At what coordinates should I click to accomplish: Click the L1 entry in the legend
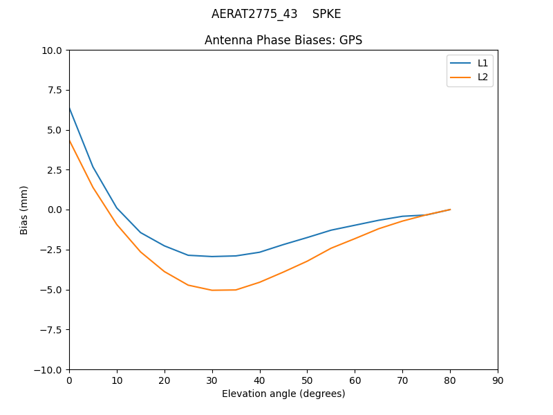tap(482, 63)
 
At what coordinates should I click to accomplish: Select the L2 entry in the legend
tap(482, 77)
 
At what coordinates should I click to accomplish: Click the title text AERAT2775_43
tap(254, 14)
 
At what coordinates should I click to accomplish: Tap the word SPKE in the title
tap(326, 14)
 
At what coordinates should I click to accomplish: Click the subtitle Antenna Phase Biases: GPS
tap(283, 40)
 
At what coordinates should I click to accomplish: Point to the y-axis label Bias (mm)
tap(24, 210)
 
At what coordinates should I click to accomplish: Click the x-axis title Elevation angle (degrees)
tap(283, 394)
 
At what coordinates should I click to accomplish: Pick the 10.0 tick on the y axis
tap(53, 50)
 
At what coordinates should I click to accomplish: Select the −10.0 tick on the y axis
tap(49, 369)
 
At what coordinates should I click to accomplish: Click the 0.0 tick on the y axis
tap(55, 210)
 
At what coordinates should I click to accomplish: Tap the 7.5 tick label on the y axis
tap(55, 90)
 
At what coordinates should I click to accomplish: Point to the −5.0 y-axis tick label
tap(52, 290)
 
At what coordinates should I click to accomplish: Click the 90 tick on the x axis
tap(498, 380)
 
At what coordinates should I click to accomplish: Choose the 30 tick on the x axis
tap(212, 380)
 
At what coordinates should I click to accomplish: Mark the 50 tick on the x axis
tap(307, 380)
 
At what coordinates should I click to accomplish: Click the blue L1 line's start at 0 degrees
tap(69, 108)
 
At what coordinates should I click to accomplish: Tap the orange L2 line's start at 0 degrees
tap(69, 140)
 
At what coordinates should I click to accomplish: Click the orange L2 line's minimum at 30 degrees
tap(212, 290)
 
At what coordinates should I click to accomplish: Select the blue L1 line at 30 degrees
tap(212, 257)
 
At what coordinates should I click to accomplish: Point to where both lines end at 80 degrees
tap(450, 210)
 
